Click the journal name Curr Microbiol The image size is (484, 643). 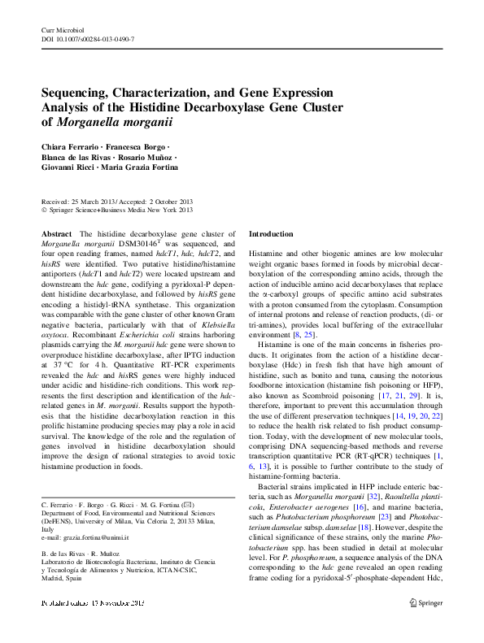(63, 29)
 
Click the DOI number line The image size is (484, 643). (88, 39)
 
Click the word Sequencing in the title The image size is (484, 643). (77, 93)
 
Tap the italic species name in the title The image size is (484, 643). (118, 122)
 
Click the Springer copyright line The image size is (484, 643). (117, 210)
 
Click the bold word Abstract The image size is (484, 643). (55, 234)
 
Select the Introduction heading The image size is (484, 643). (270, 234)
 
